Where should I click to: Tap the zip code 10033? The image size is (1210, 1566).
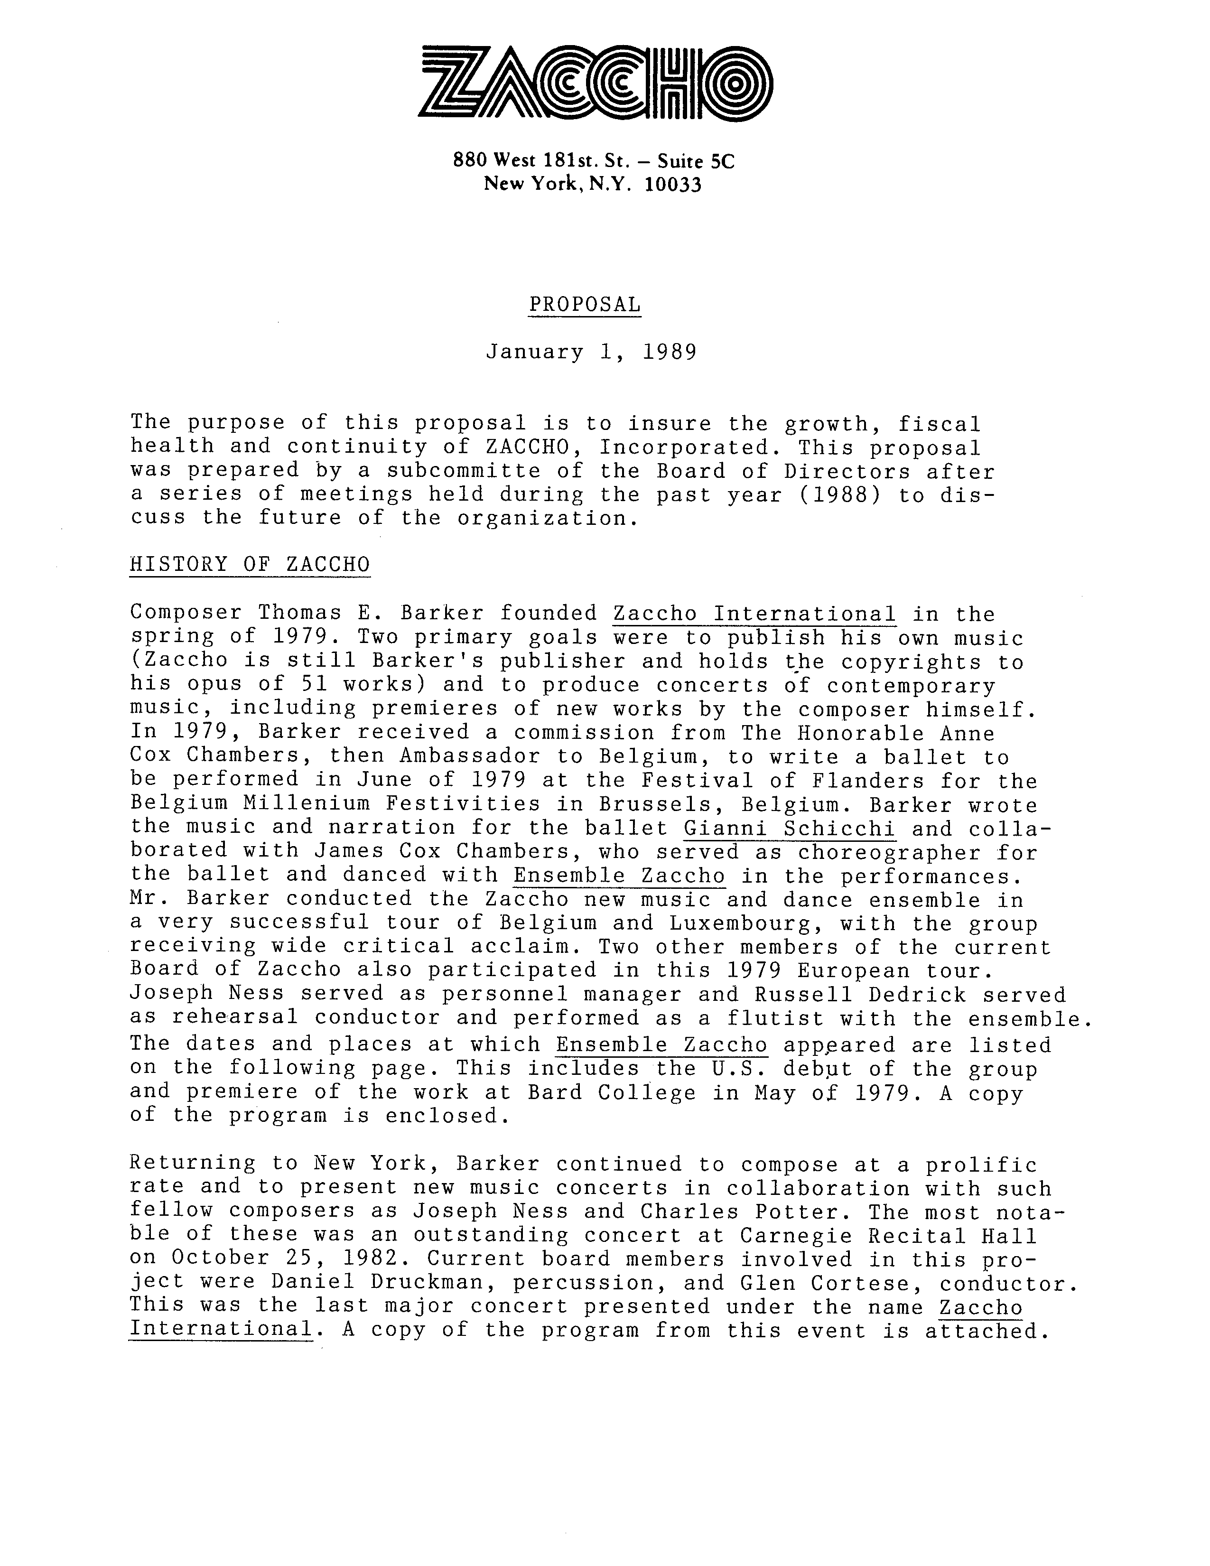point(672,185)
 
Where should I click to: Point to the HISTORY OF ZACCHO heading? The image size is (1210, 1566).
point(250,565)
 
